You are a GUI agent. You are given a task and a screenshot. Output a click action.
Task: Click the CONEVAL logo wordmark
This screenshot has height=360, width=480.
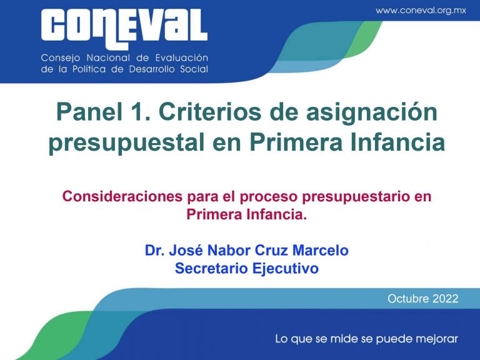point(124,28)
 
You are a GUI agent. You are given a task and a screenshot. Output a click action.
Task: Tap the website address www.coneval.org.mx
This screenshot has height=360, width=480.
point(421,11)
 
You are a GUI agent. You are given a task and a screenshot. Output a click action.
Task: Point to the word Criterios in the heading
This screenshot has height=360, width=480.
point(210,112)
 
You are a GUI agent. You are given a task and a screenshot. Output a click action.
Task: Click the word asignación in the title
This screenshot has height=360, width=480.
point(372,113)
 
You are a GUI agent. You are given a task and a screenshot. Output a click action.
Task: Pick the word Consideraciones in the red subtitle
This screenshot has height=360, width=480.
point(122,196)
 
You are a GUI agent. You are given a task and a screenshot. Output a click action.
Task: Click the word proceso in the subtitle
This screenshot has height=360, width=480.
point(269,196)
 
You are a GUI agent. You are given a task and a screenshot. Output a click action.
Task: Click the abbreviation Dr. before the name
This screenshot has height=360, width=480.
point(154,251)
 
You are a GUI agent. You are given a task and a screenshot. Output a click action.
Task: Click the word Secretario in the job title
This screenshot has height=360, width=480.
point(211,269)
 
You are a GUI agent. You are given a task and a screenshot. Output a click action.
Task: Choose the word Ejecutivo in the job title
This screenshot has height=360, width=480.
point(286,269)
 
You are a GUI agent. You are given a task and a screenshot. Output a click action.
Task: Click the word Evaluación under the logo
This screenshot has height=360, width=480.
point(182,57)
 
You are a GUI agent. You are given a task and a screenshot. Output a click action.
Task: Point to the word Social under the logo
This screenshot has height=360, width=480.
point(194,69)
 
